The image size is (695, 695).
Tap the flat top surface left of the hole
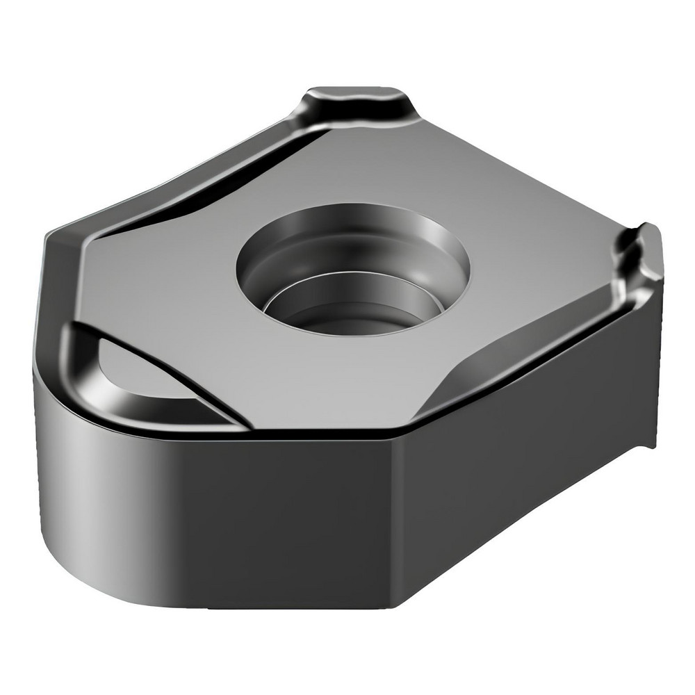coord(167,278)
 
